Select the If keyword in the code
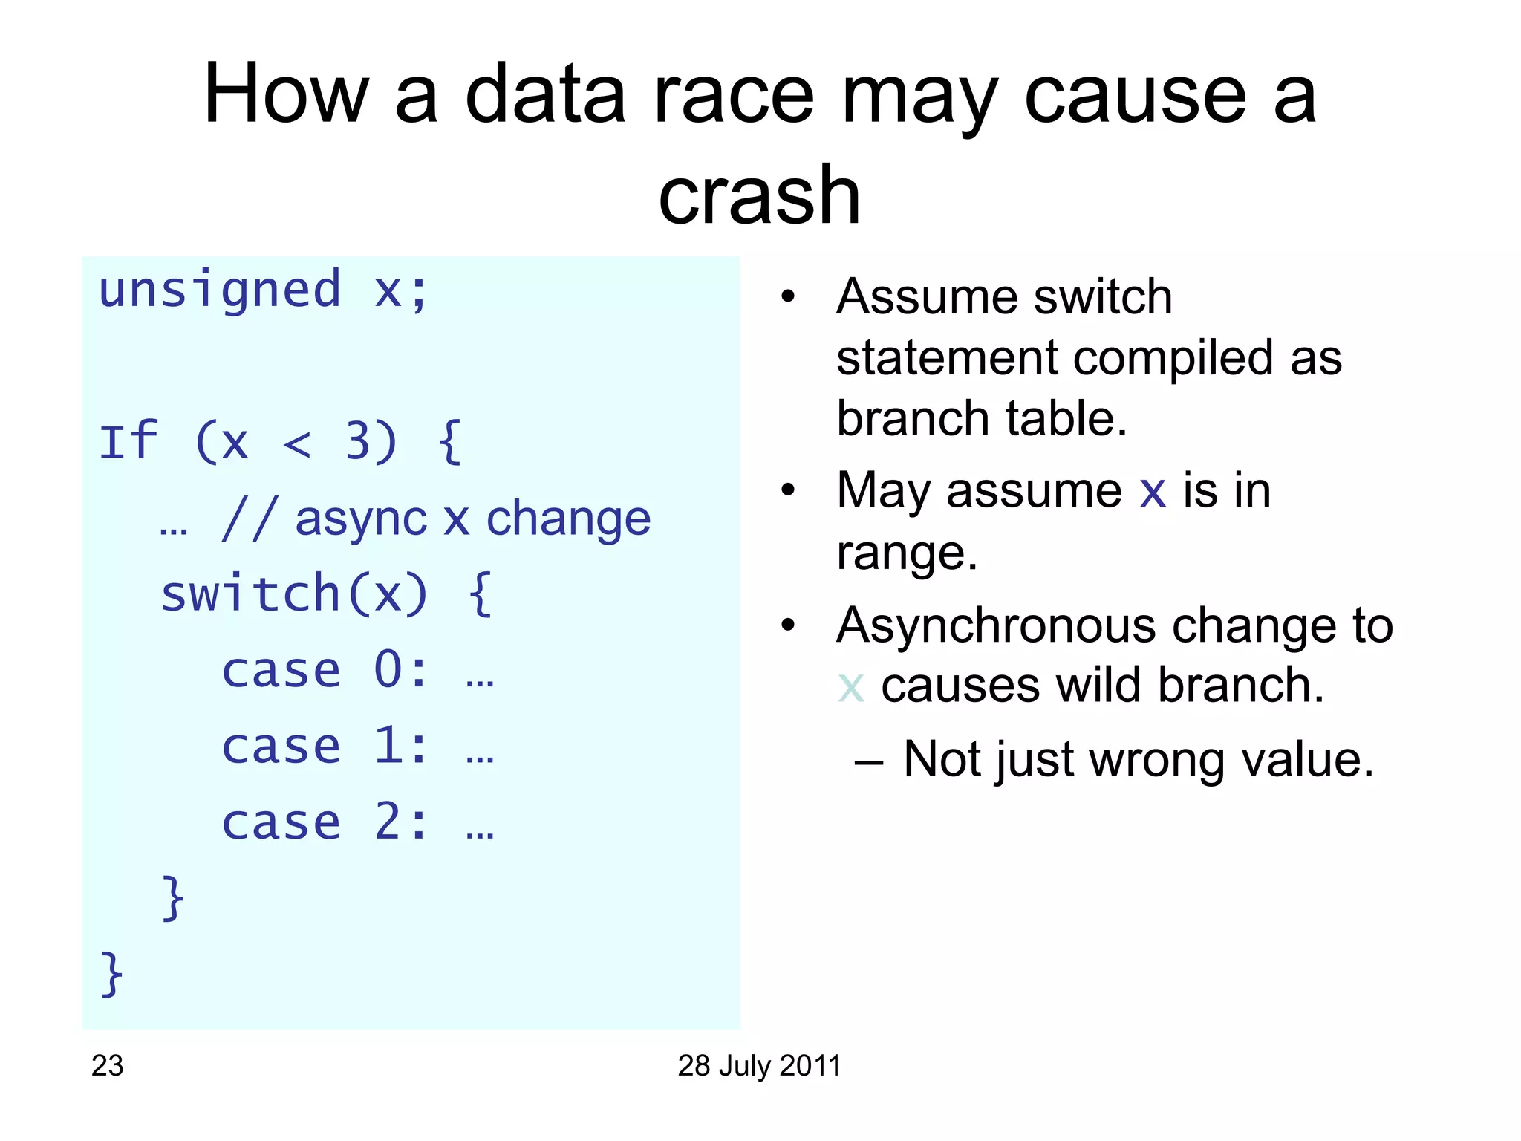(128, 441)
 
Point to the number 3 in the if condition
(359, 441)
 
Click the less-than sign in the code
(297, 444)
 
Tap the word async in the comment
(359, 519)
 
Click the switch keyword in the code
(250, 594)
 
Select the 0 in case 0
(389, 670)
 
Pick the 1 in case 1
(389, 746)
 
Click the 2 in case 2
(389, 822)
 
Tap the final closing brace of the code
(111, 974)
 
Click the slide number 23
(107, 1066)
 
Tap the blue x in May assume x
(1153, 492)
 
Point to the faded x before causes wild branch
(850, 686)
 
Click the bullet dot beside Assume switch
(788, 297)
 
